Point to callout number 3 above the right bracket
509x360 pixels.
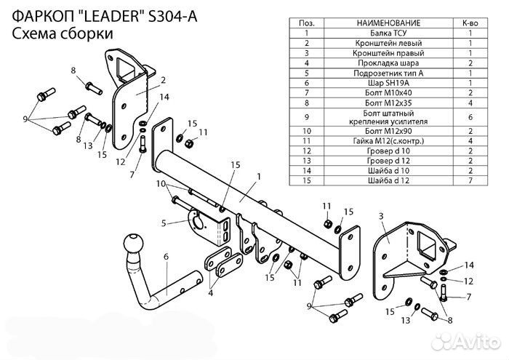tap(381, 217)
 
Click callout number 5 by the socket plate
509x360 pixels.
tap(164, 223)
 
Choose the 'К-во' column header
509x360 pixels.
tap(470, 23)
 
